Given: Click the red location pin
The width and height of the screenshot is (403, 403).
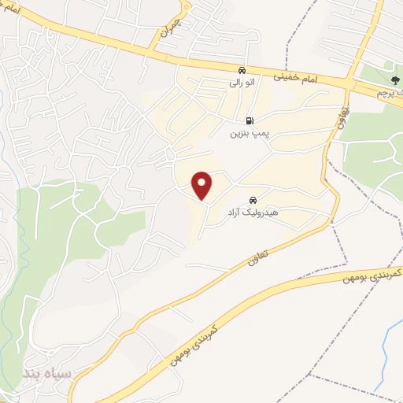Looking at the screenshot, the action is tap(203, 186).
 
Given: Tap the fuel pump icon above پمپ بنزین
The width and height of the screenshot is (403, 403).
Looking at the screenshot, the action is tap(250, 121).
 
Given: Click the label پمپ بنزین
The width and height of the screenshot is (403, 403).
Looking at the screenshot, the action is tap(250, 134).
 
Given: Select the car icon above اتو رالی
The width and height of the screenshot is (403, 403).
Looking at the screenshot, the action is tap(241, 68).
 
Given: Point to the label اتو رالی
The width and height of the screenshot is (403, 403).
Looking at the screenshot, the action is tap(241, 81).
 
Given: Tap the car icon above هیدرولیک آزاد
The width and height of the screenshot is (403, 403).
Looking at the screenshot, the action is tap(253, 200).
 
